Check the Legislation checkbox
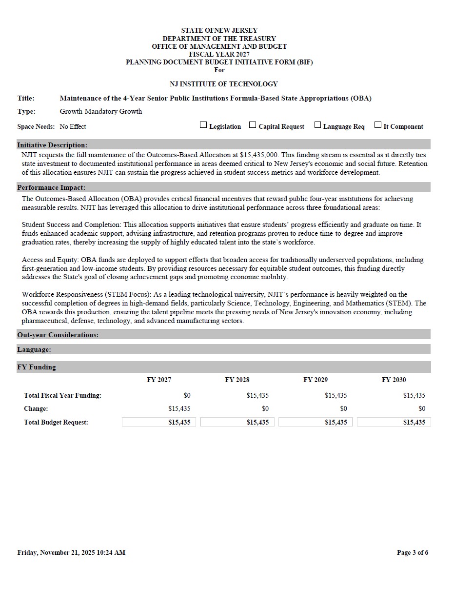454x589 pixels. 203,125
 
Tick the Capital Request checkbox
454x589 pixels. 253,125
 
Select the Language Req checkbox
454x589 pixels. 317,125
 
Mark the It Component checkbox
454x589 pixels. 378,125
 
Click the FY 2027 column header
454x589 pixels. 159,380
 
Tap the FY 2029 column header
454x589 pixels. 316,380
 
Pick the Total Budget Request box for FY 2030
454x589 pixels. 394,422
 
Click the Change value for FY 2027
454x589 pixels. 179,408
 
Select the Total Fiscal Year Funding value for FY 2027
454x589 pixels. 187,395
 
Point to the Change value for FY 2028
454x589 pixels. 265,408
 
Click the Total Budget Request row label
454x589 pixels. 56,422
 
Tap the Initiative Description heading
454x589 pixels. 52,145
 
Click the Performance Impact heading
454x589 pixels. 51,187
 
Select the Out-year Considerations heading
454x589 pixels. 58,335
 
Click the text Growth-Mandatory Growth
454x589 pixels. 101,111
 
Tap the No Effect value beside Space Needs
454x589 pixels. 73,126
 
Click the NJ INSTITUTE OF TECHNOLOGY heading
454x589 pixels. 224,84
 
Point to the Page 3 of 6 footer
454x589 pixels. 413,552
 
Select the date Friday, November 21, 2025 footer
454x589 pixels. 71,552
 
